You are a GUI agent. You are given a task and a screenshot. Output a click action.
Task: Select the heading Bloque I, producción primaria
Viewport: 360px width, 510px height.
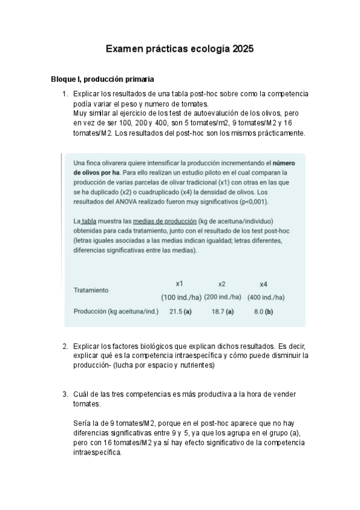click(x=103, y=79)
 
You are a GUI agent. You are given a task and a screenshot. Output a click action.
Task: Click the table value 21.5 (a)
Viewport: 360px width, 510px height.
click(x=180, y=312)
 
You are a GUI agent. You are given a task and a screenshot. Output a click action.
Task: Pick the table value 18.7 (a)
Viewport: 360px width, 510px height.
click(x=222, y=312)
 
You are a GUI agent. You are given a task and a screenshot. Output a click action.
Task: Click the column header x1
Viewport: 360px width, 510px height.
click(x=179, y=283)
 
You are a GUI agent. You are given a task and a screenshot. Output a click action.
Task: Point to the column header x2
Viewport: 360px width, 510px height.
click(x=222, y=283)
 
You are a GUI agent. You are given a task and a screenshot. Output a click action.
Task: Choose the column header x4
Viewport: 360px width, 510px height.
click(x=263, y=283)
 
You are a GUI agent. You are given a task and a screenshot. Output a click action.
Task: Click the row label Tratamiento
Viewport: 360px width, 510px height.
click(x=91, y=290)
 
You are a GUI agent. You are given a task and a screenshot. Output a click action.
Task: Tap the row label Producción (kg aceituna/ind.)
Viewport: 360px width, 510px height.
click(x=116, y=312)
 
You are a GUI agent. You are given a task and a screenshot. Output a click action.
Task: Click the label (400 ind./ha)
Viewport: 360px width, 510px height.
click(x=266, y=297)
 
